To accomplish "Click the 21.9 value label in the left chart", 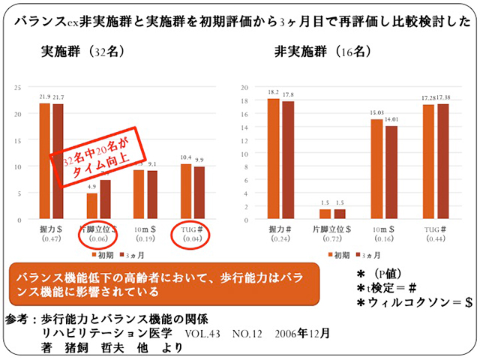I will coord(44,97).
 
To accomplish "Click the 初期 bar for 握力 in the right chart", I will coord(274,160).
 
